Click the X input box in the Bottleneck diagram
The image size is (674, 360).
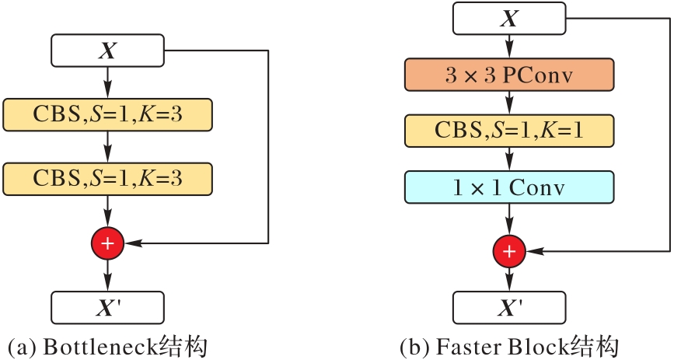[x=107, y=51]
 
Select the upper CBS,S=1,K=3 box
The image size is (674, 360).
[x=107, y=114]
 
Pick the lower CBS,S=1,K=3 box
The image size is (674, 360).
[x=107, y=178]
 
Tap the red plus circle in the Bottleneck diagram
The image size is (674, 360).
[x=107, y=243]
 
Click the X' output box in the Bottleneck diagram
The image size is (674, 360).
[x=107, y=307]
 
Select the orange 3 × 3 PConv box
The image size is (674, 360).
[x=509, y=75]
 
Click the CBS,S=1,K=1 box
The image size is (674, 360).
[x=509, y=131]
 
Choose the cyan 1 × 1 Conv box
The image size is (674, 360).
[x=509, y=187]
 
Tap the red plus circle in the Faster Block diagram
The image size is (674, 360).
[x=509, y=251]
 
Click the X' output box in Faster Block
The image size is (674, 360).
[x=509, y=307]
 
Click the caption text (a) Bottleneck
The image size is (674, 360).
[x=107, y=346]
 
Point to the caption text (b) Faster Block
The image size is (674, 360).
[x=509, y=346]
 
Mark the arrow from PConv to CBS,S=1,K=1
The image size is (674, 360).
[x=509, y=103]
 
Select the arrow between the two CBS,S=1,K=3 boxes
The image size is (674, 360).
[x=107, y=146]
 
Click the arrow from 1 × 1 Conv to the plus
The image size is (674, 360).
[x=509, y=218]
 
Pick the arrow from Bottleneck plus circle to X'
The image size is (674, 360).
[x=107, y=274]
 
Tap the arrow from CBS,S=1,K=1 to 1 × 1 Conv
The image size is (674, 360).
[x=509, y=159]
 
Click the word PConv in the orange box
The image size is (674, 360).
[x=538, y=75]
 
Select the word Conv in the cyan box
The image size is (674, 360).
[x=536, y=187]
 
